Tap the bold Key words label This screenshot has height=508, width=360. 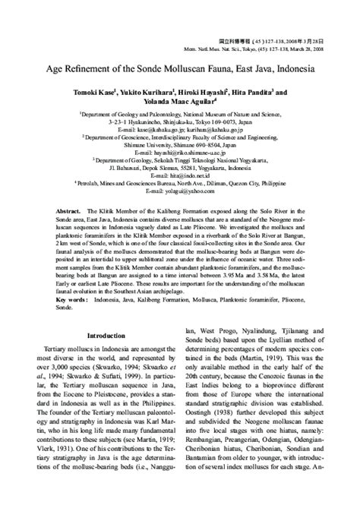click(65, 301)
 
